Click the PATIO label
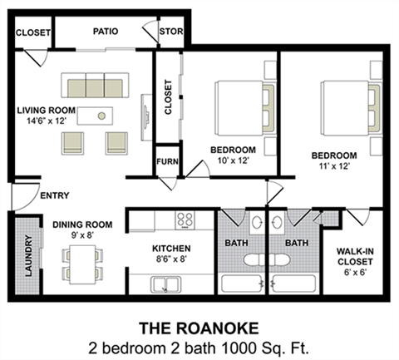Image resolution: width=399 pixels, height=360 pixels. coord(105,32)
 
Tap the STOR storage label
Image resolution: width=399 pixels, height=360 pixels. coord(172,32)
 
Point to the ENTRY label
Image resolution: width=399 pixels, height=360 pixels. coord(54,196)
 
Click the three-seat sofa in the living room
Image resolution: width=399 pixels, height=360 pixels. coord(94,86)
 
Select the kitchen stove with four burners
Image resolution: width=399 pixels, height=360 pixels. coord(185,221)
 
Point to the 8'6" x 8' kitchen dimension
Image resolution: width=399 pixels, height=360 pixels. coord(172,259)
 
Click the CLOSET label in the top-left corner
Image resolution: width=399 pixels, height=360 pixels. coord(32,33)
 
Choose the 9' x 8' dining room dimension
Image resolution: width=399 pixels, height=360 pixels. coord(81,234)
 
